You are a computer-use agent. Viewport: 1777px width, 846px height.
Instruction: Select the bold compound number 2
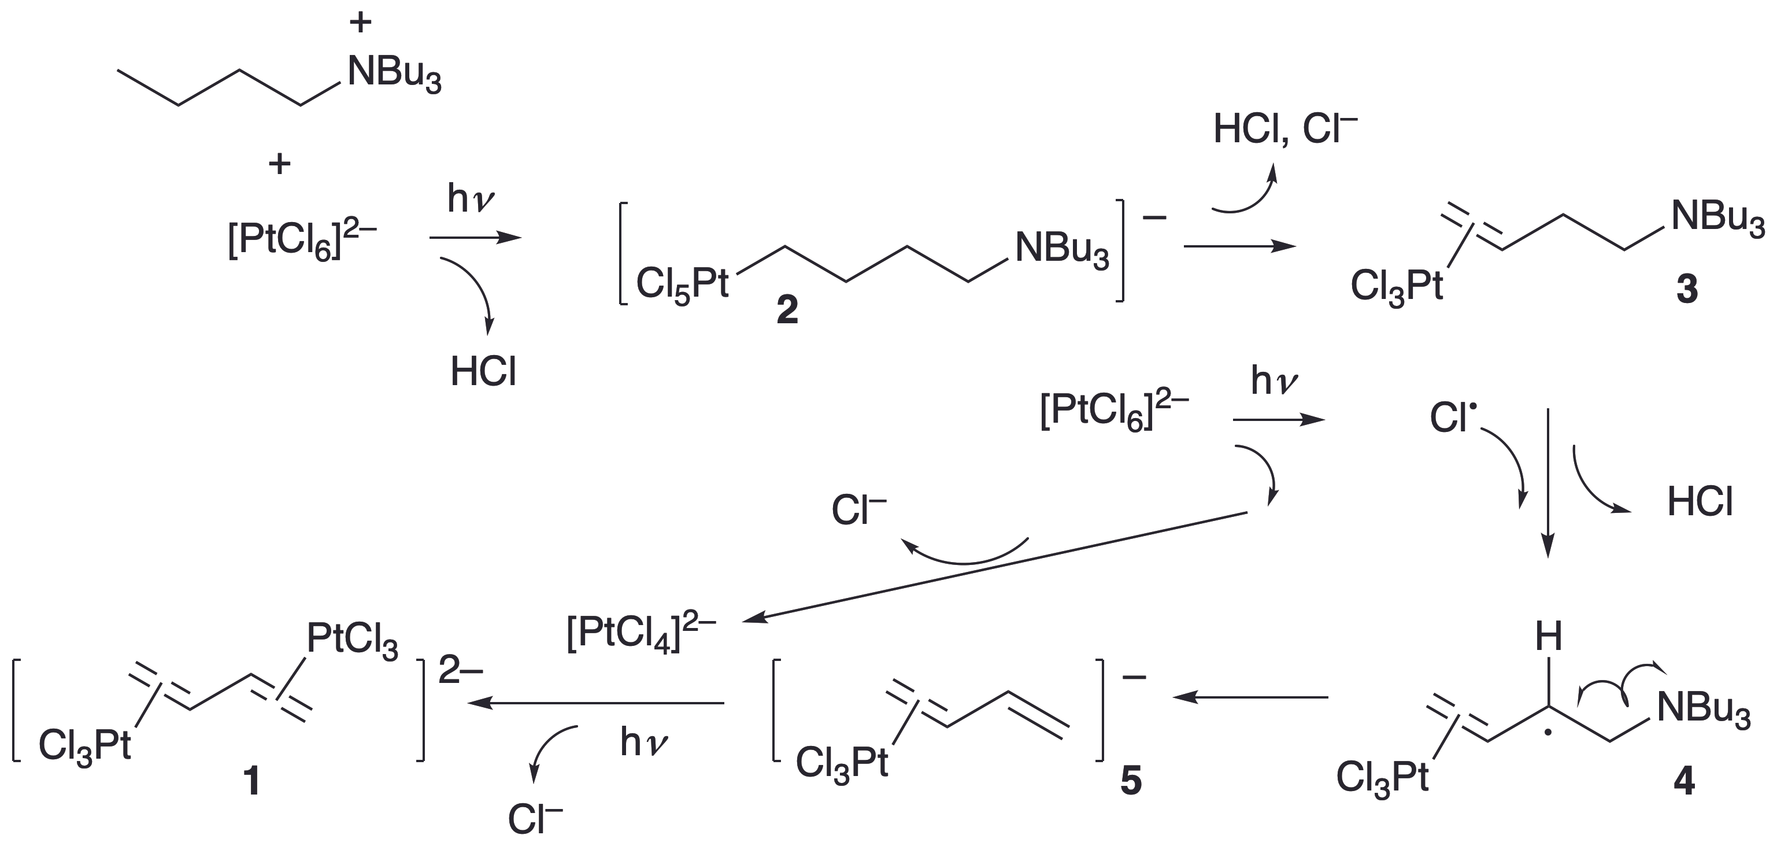click(x=787, y=310)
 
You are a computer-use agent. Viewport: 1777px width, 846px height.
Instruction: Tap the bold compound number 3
click(x=1687, y=290)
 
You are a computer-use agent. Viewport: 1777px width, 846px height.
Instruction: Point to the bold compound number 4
click(x=1684, y=782)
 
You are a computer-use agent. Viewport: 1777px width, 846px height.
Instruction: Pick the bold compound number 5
click(x=1131, y=782)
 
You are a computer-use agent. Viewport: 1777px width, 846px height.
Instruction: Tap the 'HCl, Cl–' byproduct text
click(x=1285, y=130)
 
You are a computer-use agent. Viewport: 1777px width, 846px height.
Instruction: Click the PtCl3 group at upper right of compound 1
click(x=352, y=640)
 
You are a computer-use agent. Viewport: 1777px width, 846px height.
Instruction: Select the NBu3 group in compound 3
click(x=1717, y=217)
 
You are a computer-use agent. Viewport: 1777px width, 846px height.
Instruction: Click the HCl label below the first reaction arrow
click(x=483, y=372)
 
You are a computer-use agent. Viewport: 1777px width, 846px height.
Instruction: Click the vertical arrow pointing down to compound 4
click(x=1548, y=483)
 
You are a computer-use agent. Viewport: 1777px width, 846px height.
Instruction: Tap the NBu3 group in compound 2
click(x=1062, y=250)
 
